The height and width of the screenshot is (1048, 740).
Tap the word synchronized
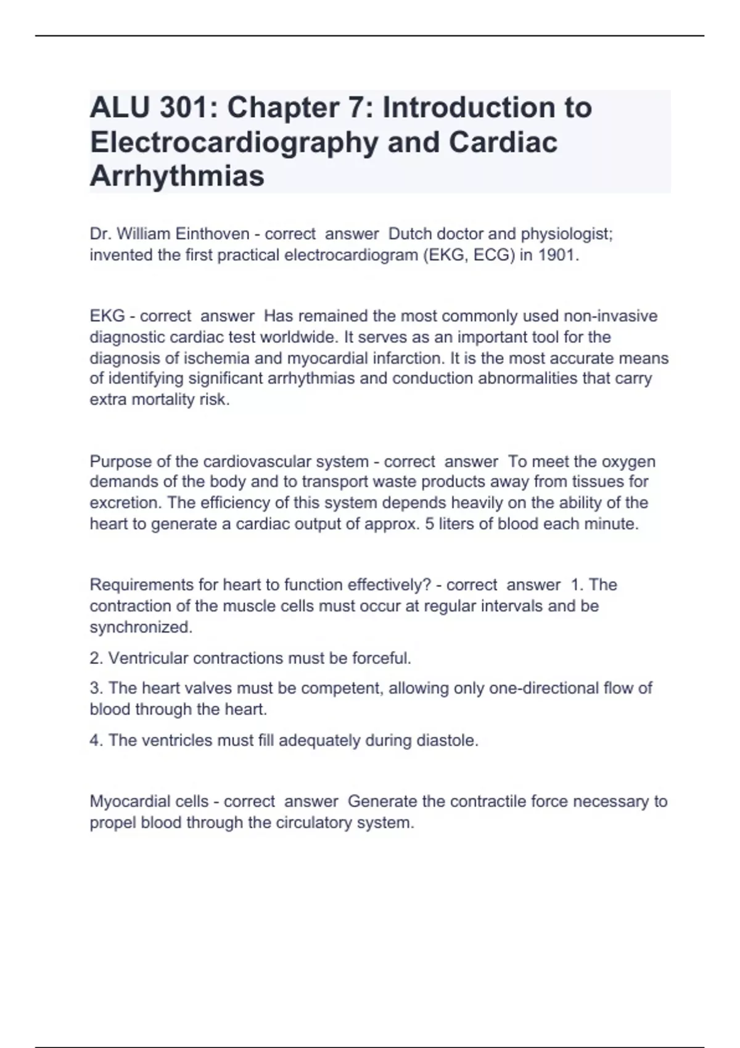(141, 628)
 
